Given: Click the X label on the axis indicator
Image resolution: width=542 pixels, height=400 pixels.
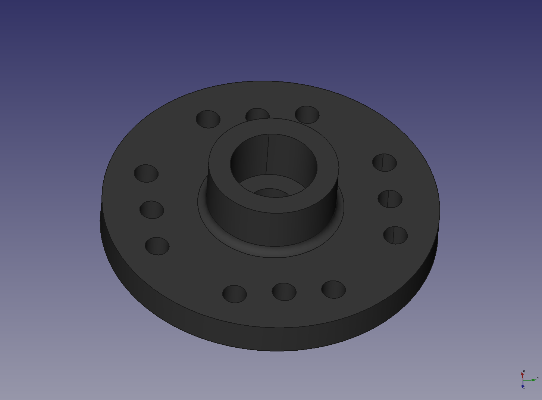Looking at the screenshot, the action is point(524,371).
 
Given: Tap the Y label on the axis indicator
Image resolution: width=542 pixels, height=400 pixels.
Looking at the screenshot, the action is point(538,378).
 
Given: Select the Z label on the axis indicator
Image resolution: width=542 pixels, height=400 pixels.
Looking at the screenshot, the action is point(524,387).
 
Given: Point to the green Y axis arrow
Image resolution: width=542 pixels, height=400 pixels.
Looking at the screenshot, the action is point(530,380).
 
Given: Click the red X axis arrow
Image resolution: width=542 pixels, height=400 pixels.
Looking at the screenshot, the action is point(522,376).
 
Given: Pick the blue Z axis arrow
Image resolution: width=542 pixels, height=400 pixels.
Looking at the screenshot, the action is point(523,384).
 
